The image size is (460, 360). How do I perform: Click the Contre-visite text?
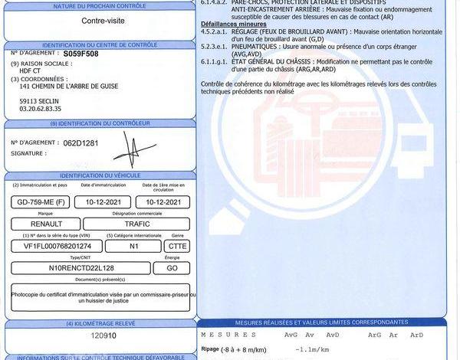coord(100,21)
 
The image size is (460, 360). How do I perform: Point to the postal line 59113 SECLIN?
coord(41,100)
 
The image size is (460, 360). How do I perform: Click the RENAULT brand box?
coord(45,224)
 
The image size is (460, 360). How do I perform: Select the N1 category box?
coord(133,246)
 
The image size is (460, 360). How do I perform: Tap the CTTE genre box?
coord(178,246)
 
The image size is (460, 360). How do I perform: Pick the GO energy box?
coord(172,268)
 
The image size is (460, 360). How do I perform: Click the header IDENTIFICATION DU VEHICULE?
coord(100,176)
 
